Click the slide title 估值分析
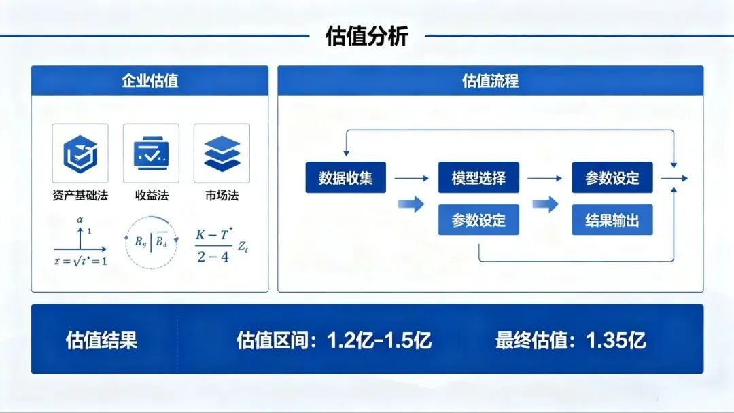(x=367, y=36)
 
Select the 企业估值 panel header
(x=150, y=81)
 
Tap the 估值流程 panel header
(x=490, y=81)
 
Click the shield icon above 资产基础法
(x=80, y=154)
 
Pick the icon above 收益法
(x=151, y=154)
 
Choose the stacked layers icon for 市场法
(x=222, y=154)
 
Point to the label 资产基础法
(x=80, y=196)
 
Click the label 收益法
(x=151, y=196)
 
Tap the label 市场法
(x=222, y=196)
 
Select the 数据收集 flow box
(x=345, y=178)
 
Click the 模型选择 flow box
(x=478, y=178)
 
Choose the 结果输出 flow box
(x=612, y=220)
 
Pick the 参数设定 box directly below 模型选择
(x=478, y=220)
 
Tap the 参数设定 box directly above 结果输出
(x=612, y=178)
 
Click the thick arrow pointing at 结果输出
(x=545, y=204)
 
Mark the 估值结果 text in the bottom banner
(x=101, y=340)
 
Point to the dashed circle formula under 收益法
(x=151, y=240)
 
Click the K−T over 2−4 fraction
(x=213, y=246)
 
